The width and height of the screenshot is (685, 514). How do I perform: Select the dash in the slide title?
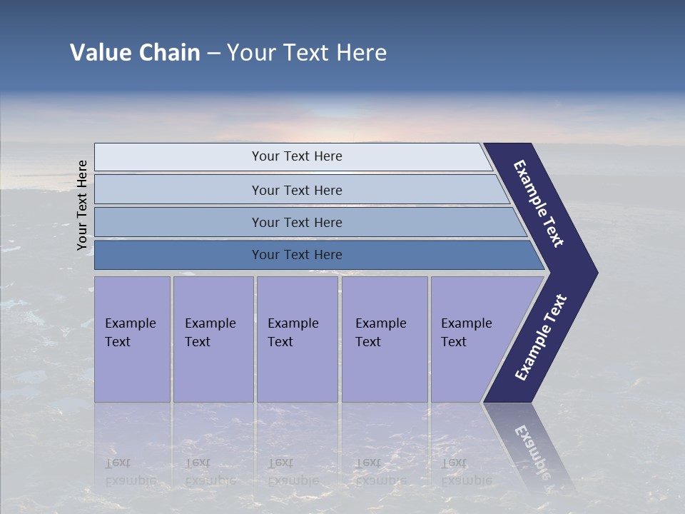pos(214,54)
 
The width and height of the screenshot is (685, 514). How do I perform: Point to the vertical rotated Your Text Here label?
pos(82,205)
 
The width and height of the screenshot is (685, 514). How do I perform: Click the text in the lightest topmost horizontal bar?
pos(297,156)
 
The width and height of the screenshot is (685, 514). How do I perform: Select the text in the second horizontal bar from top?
pos(297,190)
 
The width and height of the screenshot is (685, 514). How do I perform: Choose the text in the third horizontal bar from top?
pos(297,222)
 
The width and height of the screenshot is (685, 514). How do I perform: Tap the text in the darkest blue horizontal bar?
pos(297,254)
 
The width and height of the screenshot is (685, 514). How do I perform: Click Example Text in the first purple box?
pos(130,333)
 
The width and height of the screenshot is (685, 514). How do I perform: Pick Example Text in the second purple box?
pos(210,333)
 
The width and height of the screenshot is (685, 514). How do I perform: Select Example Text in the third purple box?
pos(293,333)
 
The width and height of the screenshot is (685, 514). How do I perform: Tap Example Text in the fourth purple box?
pos(380,333)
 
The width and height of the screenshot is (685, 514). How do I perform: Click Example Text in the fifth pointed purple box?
pos(466,333)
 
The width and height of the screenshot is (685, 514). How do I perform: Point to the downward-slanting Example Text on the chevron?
pos(539,203)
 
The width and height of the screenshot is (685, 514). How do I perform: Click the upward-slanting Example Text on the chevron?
pos(541,338)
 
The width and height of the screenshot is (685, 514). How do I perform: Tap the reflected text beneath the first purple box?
pos(130,472)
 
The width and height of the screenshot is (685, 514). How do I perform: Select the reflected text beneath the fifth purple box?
pos(466,472)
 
